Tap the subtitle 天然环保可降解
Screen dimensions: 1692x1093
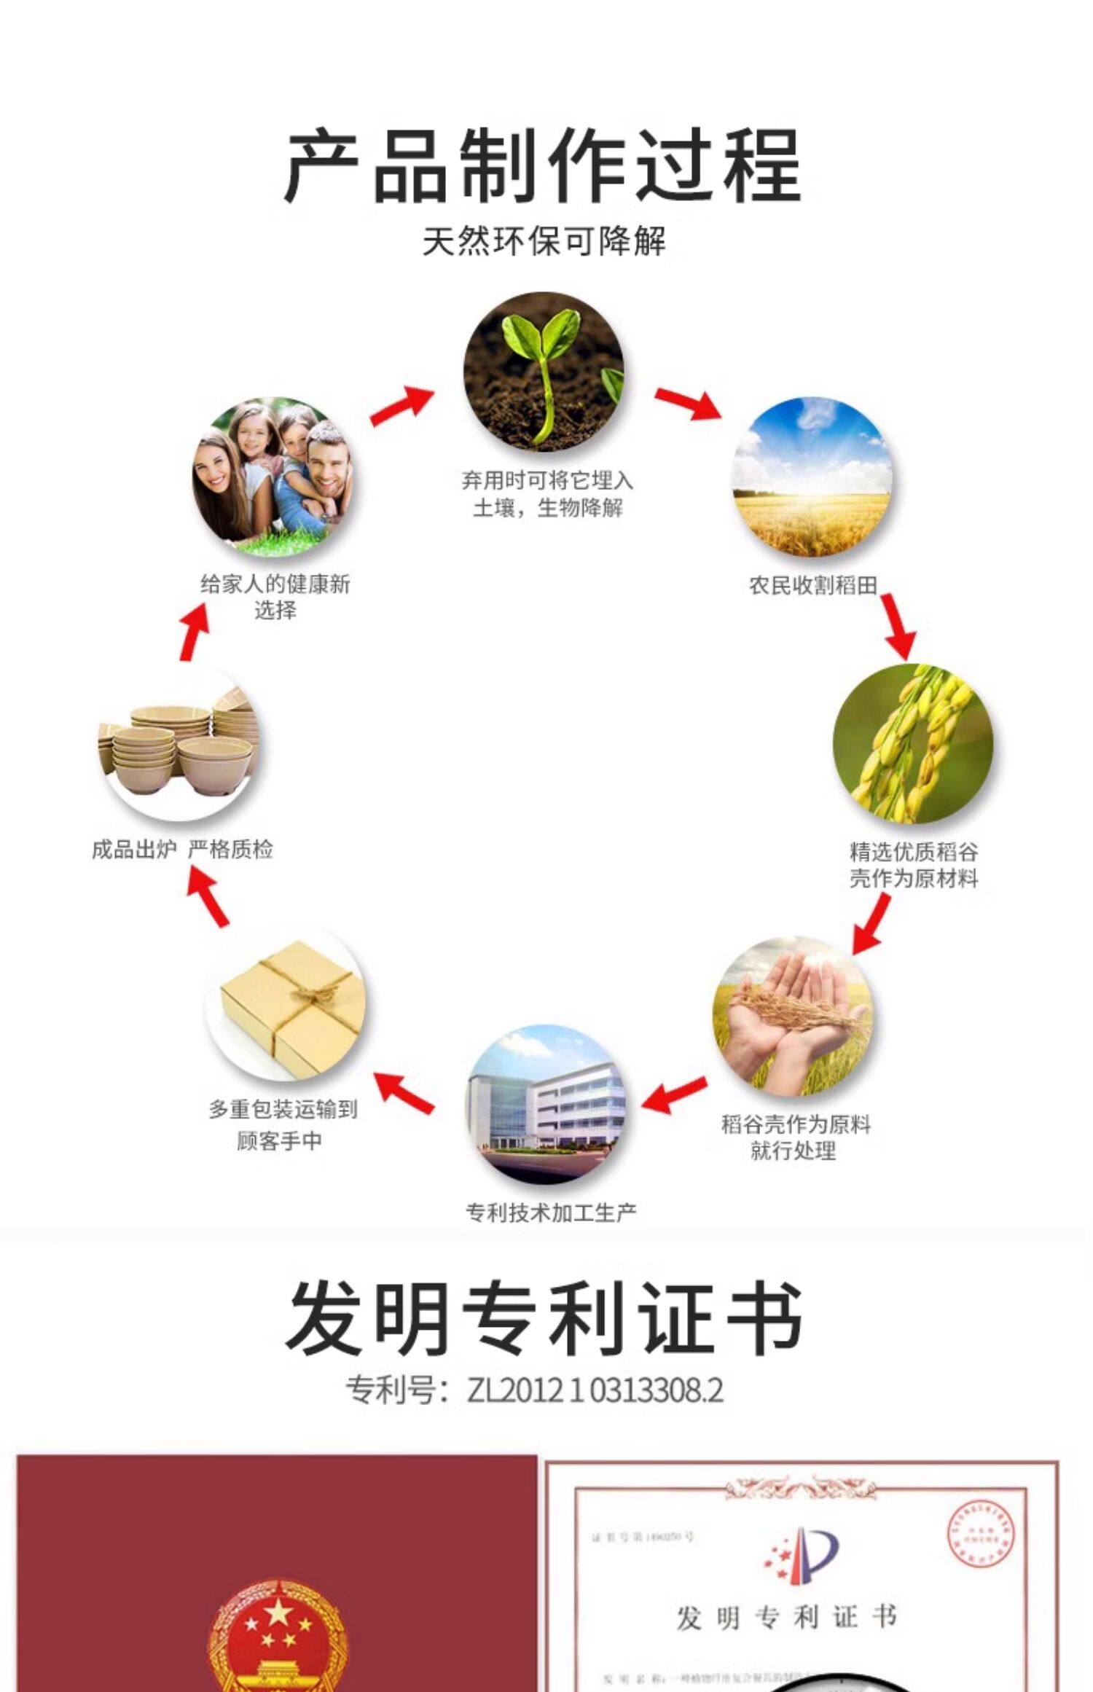point(544,241)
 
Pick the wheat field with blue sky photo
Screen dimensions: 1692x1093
point(812,477)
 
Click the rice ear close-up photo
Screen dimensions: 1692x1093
point(913,743)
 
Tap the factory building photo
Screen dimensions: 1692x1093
point(546,1105)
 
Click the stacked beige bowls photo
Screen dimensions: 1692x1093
point(179,744)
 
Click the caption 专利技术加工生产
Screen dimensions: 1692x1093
point(551,1213)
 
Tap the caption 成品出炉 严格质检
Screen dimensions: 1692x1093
point(182,849)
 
